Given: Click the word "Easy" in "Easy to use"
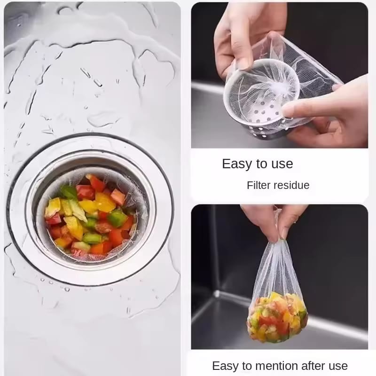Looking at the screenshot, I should pyautogui.click(x=237, y=164).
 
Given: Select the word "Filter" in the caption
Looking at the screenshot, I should pyautogui.click(x=259, y=185).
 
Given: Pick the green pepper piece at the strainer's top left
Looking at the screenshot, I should pyautogui.click(x=69, y=192).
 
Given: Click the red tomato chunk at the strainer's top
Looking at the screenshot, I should pyautogui.click(x=97, y=183).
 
